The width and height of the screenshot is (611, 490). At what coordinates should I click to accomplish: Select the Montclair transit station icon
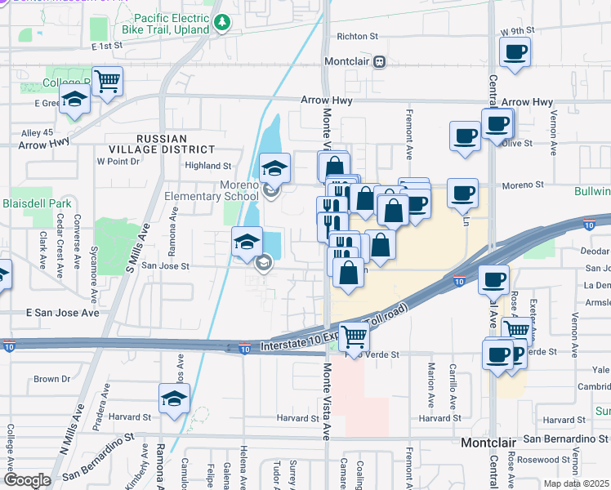[x=379, y=61]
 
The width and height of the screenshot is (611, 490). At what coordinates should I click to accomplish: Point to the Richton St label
[x=357, y=37]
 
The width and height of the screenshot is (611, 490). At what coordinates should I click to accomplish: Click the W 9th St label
[x=516, y=30]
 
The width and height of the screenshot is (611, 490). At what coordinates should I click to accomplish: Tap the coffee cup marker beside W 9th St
[x=515, y=54]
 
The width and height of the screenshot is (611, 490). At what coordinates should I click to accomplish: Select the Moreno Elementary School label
[x=211, y=189]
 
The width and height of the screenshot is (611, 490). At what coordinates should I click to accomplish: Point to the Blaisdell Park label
[x=37, y=203]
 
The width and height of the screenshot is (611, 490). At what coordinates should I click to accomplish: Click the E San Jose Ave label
[x=62, y=313]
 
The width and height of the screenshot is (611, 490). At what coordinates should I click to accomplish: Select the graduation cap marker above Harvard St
[x=174, y=399]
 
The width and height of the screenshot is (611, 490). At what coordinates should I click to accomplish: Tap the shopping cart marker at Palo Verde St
[x=354, y=336]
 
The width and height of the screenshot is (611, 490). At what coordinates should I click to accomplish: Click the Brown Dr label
[x=51, y=379]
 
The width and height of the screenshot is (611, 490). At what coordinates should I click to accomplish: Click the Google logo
[x=27, y=480]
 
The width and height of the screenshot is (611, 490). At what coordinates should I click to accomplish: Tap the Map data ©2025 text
[x=576, y=483]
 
